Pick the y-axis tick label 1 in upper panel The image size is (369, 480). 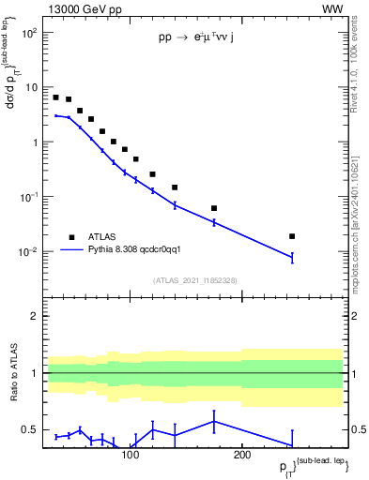click(x=35, y=142)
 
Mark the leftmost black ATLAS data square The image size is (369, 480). click(x=55, y=97)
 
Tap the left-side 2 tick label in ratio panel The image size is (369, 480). click(x=35, y=316)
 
